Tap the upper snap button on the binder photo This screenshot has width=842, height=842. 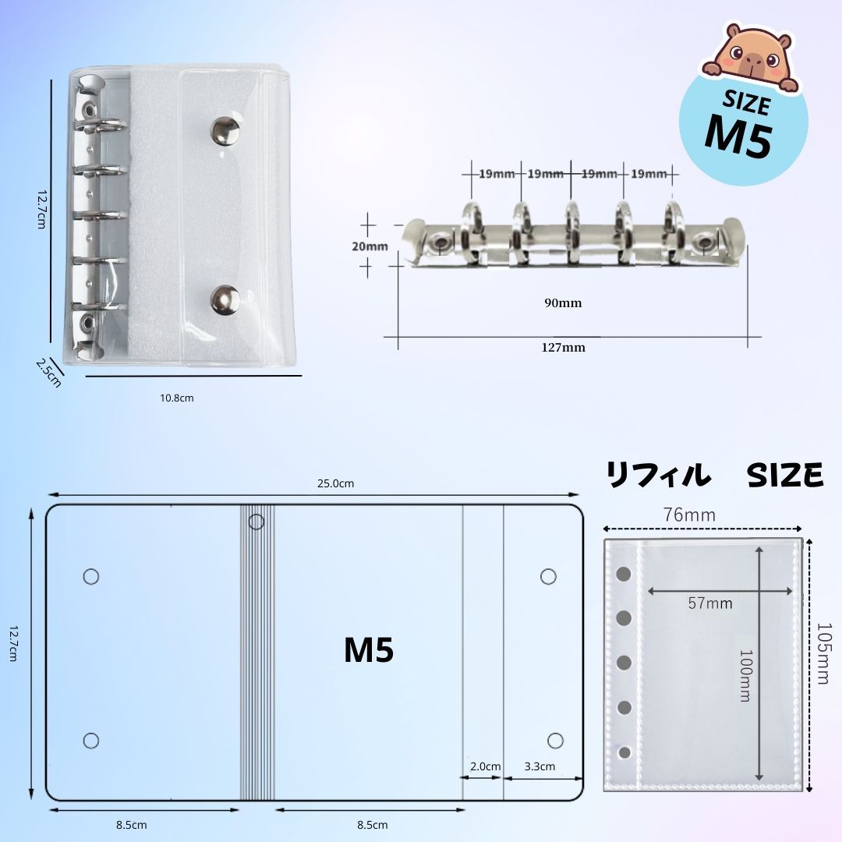225,131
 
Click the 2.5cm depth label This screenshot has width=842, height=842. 48,373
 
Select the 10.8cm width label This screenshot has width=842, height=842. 177,398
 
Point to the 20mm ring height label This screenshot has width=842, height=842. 370,246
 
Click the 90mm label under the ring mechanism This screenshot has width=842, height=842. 563,302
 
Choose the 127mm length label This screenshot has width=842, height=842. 564,348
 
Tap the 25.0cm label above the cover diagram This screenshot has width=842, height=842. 335,483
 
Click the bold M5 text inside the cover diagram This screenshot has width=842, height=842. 369,649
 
